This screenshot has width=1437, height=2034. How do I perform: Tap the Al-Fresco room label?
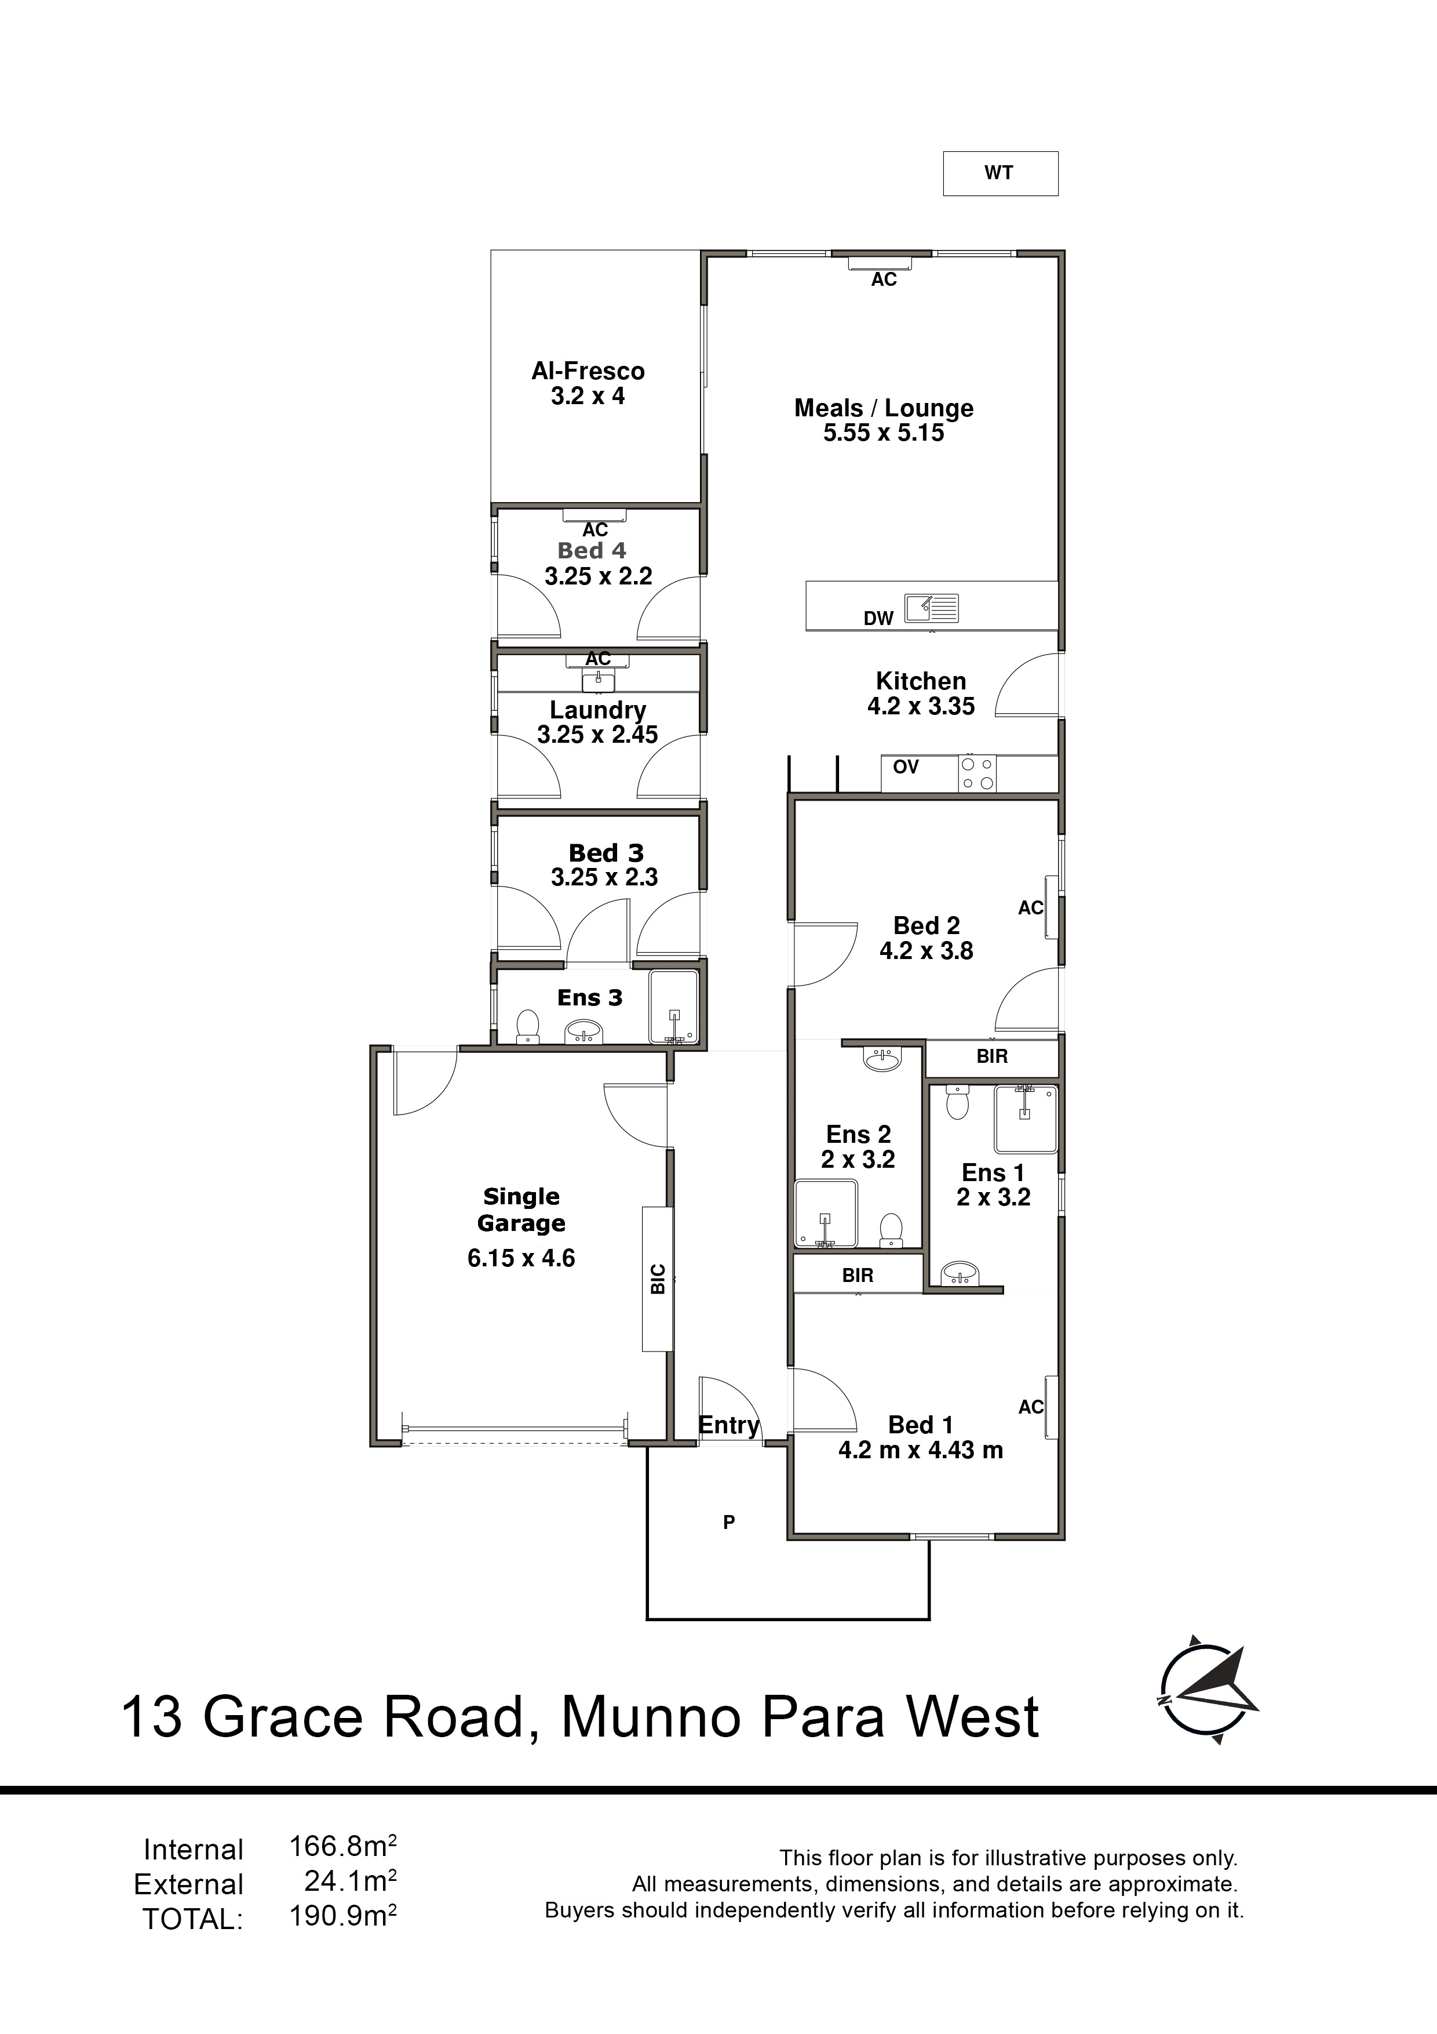click(x=588, y=371)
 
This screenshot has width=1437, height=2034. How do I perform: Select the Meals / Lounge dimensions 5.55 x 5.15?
click(x=884, y=433)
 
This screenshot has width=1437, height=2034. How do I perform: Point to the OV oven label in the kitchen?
click(x=906, y=767)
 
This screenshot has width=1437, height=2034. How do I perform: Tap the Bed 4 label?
click(x=592, y=551)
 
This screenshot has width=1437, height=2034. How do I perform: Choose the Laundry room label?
click(x=597, y=710)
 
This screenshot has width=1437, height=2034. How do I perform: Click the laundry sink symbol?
click(x=599, y=680)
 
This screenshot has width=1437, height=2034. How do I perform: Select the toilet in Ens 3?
click(x=528, y=1027)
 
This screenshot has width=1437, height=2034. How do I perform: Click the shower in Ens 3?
click(x=674, y=1007)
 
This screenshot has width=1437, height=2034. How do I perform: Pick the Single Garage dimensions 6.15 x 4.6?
click(x=521, y=1258)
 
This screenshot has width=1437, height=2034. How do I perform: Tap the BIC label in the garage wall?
click(x=658, y=1278)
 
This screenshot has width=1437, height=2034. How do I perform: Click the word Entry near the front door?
click(x=729, y=1425)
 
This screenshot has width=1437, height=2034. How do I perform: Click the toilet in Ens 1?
click(x=958, y=1103)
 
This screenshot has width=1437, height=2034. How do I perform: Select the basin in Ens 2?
click(x=881, y=1059)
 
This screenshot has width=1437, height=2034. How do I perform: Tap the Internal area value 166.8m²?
click(x=342, y=1847)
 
